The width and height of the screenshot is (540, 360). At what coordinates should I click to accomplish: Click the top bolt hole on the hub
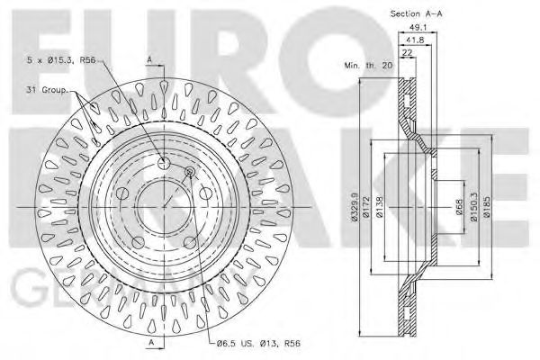163,163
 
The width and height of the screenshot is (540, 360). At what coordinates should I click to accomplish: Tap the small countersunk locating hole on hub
189,172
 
